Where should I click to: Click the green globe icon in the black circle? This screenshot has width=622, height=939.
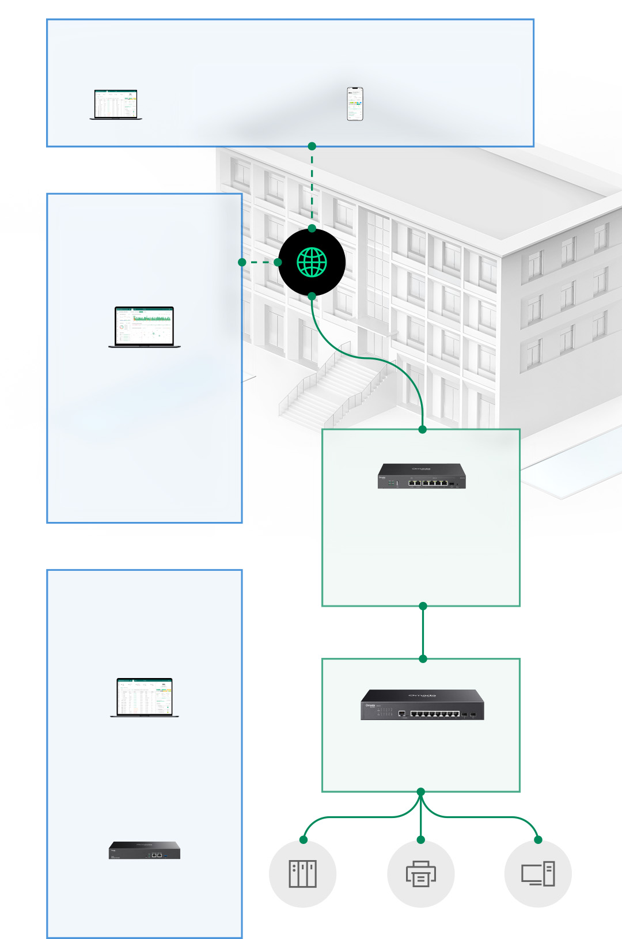point(312,262)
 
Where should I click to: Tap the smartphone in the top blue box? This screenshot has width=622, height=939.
point(355,104)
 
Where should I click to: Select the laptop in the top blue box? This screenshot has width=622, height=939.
point(116,105)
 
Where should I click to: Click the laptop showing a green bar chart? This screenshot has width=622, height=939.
point(145,327)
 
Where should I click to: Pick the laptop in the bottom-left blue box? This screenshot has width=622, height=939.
point(145,698)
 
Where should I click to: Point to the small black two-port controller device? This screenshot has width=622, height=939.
point(145,850)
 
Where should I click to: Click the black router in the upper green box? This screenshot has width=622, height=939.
point(422,476)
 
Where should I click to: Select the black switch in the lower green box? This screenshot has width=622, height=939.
point(422,705)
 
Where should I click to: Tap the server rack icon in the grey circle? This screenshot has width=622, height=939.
point(302,874)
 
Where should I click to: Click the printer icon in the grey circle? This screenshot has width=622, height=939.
point(421,874)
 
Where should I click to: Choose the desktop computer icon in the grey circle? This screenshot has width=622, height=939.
point(538,874)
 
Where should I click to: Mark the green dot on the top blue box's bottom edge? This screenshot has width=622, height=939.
point(312,146)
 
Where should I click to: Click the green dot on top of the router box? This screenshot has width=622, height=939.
point(423,429)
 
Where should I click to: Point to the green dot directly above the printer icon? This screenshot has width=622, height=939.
point(421,840)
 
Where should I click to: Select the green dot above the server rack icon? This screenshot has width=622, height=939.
point(304,840)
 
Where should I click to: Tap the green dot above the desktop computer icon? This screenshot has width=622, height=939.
point(538,840)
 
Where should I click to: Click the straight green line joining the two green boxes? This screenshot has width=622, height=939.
point(423,633)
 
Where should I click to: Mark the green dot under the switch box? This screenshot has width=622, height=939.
point(421,792)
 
